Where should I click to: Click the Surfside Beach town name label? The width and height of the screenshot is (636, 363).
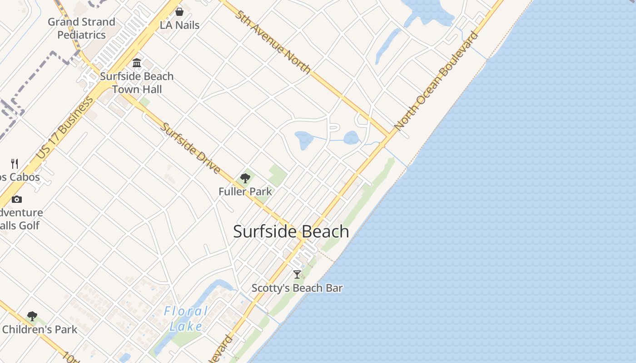tap(291, 231)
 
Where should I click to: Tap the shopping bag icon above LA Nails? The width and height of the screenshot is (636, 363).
tap(179, 12)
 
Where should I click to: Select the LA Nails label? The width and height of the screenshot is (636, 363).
tap(179, 25)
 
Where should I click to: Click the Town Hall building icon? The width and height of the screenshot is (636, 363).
tap(137, 63)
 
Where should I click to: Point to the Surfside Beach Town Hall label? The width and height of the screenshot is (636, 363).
tap(137, 83)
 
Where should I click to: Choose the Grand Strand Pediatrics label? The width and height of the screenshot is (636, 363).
tap(82, 28)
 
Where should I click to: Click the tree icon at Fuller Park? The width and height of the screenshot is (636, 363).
tap(245, 178)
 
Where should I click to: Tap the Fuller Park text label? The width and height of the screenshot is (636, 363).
tap(245, 191)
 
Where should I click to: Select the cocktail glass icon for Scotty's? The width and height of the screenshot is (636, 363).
tap(297, 275)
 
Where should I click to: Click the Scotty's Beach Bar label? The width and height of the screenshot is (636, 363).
tap(297, 288)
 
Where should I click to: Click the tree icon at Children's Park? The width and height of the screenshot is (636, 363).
tap(32, 316)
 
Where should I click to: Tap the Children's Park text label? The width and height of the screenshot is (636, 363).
tap(40, 329)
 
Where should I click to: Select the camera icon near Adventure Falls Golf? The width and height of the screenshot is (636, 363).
tap(17, 199)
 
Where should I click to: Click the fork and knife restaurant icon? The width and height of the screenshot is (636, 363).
tap(15, 163)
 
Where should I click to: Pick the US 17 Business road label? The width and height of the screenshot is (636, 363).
tap(64, 128)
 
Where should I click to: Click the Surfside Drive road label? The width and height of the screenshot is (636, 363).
tap(190, 148)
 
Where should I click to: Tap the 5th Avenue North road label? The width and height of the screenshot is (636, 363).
tap(273, 42)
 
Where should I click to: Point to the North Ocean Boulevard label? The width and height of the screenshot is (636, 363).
tap(437, 81)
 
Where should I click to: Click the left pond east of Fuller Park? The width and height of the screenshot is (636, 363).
tap(303, 140)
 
